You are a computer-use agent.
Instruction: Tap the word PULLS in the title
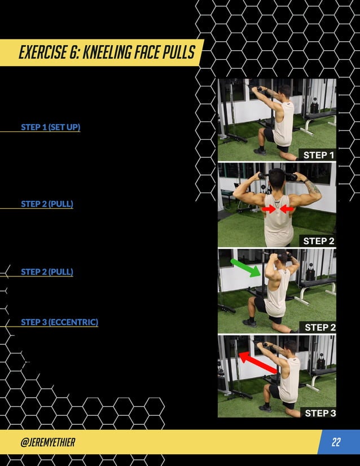click(x=176, y=53)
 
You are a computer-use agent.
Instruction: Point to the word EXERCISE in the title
click(x=43, y=53)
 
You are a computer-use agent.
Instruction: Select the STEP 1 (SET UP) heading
click(x=50, y=128)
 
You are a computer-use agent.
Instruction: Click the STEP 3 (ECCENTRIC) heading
click(x=59, y=322)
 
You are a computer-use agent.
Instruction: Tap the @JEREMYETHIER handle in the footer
click(x=47, y=442)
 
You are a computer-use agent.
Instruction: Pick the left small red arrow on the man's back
click(x=268, y=209)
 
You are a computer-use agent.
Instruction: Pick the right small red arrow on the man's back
click(x=287, y=209)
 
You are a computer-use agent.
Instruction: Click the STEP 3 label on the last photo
click(x=320, y=413)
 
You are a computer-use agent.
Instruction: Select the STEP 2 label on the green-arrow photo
click(x=320, y=327)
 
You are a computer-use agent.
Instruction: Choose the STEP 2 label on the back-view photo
click(x=319, y=241)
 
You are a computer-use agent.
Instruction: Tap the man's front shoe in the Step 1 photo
click(x=260, y=151)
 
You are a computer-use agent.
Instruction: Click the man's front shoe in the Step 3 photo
click(x=264, y=407)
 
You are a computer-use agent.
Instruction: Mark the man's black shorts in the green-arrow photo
click(x=261, y=305)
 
